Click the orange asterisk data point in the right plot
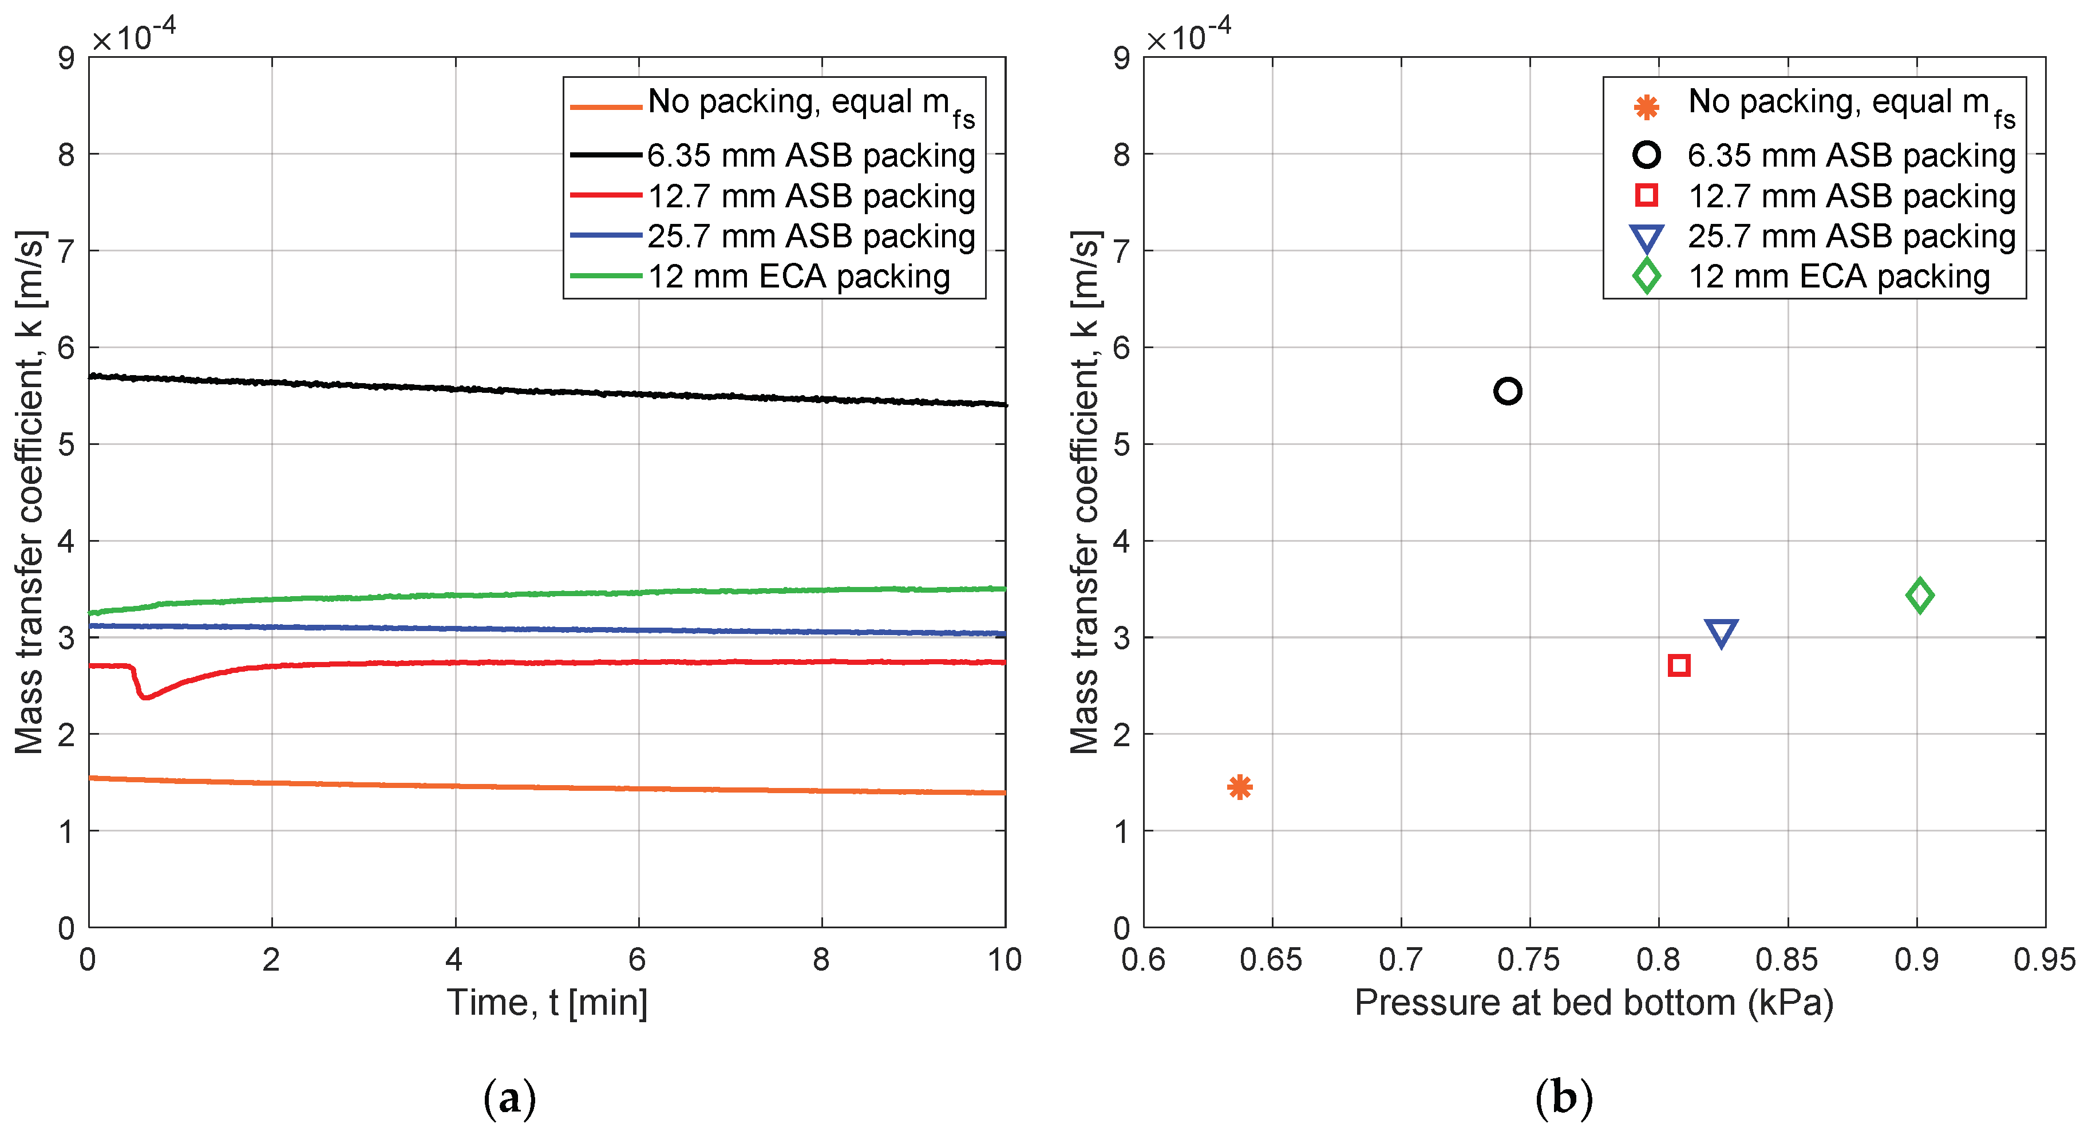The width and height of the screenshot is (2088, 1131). (x=1239, y=786)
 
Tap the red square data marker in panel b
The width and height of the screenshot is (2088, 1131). (x=1679, y=665)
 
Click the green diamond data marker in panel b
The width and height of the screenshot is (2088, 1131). (x=1919, y=595)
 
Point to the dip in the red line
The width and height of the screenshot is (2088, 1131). (x=145, y=696)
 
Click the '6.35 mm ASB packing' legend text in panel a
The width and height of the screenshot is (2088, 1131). (x=810, y=155)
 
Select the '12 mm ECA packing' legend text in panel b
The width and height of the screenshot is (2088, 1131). (x=1838, y=277)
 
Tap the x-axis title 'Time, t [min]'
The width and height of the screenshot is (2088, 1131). (x=547, y=1003)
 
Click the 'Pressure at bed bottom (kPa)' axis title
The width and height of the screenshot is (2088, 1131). (x=1593, y=1003)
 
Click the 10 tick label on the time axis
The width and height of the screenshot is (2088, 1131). (x=1005, y=960)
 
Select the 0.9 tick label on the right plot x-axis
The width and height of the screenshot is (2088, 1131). (x=1916, y=960)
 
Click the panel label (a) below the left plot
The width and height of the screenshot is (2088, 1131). (x=509, y=1098)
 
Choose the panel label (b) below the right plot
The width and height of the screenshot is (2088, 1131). (x=1564, y=1098)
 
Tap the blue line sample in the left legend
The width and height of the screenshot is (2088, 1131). (x=606, y=235)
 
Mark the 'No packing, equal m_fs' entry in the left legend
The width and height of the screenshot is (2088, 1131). (x=810, y=104)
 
